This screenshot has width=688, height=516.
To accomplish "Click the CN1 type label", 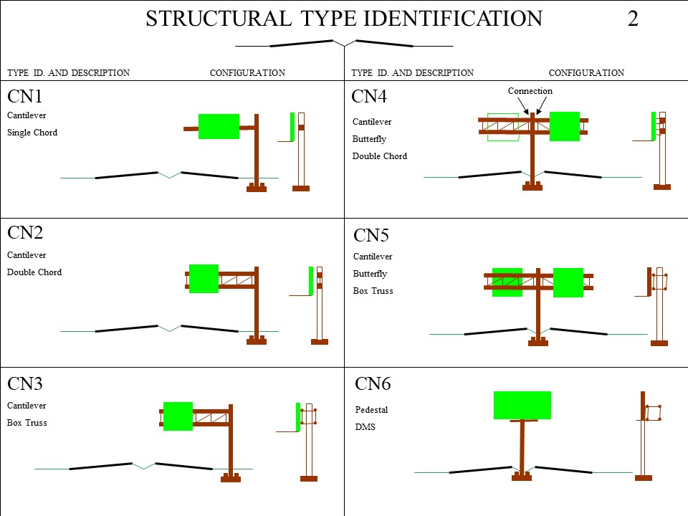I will [25, 97].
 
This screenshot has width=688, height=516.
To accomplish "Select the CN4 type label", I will [369, 97].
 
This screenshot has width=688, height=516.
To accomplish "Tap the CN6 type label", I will [373, 384].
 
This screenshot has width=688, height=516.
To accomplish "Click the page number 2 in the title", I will [632, 19].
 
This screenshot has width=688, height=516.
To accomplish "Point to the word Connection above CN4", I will [530, 91].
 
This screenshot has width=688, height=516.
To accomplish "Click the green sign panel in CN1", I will [219, 126].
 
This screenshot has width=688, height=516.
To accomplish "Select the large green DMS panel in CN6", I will [522, 405].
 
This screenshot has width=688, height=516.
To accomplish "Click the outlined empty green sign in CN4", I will [502, 127].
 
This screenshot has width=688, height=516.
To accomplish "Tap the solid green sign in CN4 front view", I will [565, 126].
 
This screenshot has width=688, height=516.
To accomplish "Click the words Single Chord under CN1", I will [32, 133].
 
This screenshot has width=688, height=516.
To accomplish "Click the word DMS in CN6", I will [365, 427].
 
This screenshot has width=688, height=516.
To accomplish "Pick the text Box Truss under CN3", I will [27, 423].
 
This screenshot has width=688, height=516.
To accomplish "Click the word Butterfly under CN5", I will [370, 274].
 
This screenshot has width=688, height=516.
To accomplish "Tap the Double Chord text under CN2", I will [34, 272].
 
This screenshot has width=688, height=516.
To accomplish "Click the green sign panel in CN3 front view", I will [178, 416].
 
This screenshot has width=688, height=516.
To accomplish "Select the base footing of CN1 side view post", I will [301, 188].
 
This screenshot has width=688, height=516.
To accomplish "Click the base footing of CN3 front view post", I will [230, 478].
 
